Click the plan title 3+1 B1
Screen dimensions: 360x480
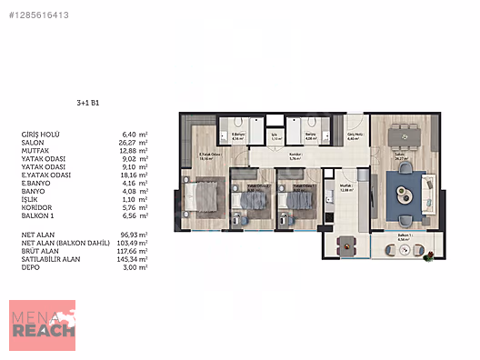coord(88,104)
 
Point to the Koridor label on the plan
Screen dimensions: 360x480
coord(295,155)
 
